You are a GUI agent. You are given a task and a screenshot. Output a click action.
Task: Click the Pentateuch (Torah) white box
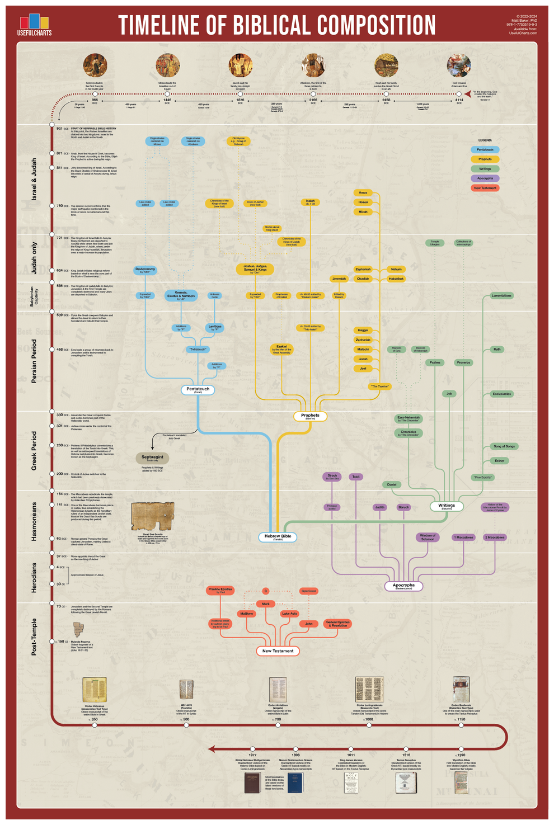click(198, 390)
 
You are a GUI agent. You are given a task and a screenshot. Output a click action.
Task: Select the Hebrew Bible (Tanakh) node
click(278, 537)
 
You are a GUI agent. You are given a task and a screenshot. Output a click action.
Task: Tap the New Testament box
click(278, 651)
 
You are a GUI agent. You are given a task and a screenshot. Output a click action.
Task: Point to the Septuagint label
click(152, 458)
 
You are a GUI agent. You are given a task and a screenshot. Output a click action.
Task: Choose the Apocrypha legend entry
click(485, 178)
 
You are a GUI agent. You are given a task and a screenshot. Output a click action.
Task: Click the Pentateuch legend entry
click(485, 150)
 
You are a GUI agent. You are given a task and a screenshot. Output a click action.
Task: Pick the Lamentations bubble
click(501, 296)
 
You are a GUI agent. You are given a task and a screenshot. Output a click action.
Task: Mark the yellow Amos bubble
click(363, 193)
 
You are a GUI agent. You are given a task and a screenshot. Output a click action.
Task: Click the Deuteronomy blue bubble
click(145, 270)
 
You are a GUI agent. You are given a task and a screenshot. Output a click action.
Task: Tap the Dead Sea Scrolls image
click(153, 516)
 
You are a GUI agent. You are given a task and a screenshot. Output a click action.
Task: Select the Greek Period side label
click(34, 451)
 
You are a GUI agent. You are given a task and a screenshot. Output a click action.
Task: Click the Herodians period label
click(34, 578)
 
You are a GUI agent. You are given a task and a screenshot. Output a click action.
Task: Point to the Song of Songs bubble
click(504, 446)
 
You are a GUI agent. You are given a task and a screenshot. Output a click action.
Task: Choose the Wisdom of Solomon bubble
click(428, 537)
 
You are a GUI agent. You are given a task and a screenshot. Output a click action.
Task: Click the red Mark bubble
click(266, 604)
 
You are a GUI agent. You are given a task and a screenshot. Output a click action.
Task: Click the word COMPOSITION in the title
click(376, 26)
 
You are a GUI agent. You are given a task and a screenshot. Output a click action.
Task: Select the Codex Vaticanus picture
click(94, 690)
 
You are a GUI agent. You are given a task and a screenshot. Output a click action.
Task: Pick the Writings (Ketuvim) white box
click(447, 506)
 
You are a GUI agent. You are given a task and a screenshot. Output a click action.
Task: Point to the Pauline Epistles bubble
click(220, 590)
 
